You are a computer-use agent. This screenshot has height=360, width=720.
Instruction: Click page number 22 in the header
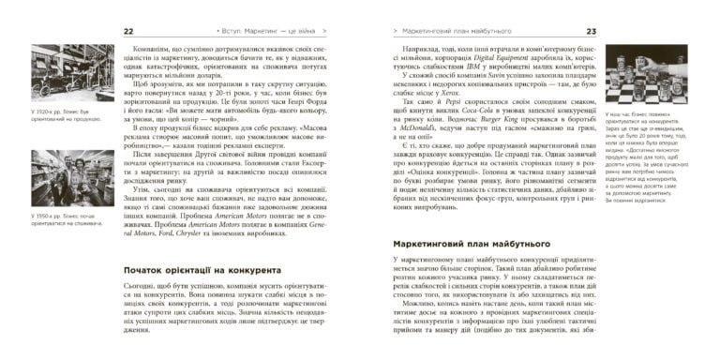(x=129, y=32)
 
